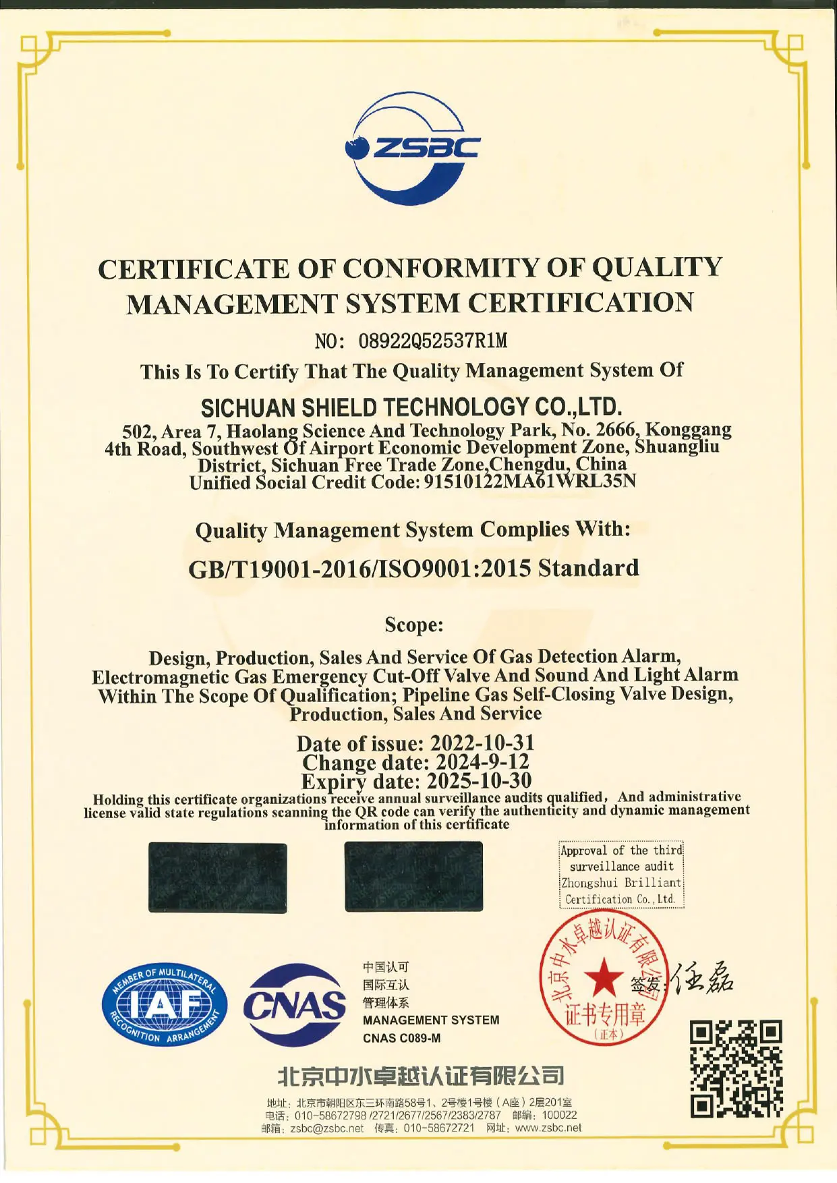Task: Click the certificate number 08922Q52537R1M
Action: point(432,341)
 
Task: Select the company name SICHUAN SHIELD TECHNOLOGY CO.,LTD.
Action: point(411,407)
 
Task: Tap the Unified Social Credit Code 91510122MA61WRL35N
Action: point(529,482)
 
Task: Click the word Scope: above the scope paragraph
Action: point(414,625)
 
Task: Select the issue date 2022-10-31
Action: point(482,743)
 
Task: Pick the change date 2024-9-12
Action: point(482,762)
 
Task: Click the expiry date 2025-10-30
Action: point(479,781)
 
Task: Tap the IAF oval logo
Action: point(165,1005)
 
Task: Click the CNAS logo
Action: point(295,1005)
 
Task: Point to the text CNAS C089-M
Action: point(401,1038)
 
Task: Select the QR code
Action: point(736,1068)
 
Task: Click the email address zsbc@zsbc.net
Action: point(327,1128)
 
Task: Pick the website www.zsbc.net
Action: point(548,1128)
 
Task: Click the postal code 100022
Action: point(559,1116)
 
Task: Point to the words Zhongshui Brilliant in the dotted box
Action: point(621,883)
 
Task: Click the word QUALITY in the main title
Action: point(657,268)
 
